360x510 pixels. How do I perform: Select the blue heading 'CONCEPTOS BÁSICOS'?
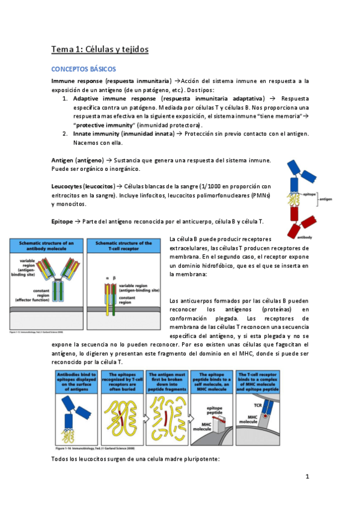pyautogui.click(x=84, y=70)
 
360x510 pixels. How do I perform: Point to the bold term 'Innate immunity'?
pyautogui.click(x=100, y=134)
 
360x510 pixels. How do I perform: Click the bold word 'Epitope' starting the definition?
pyautogui.click(x=62, y=222)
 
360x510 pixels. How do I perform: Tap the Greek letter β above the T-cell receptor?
pyautogui.click(x=114, y=277)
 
